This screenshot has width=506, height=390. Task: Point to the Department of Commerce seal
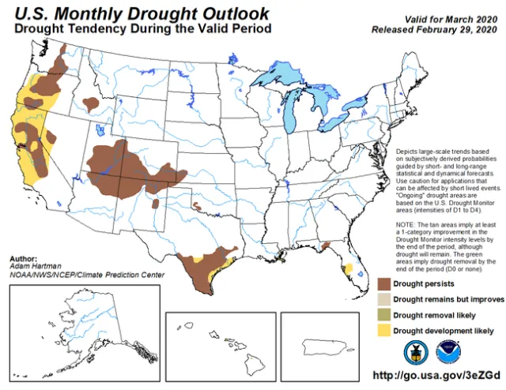[413, 351]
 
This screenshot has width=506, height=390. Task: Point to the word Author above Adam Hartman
[24, 259]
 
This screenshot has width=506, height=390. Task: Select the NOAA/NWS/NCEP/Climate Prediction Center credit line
[87, 274]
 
